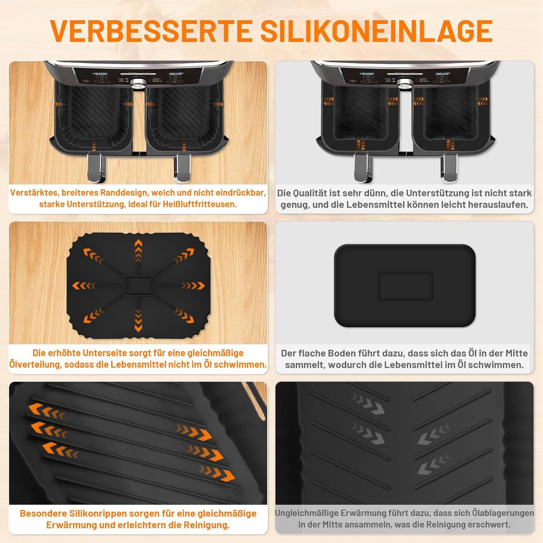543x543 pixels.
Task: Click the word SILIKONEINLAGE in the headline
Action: (x=376, y=31)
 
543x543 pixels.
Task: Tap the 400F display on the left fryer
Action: (x=100, y=74)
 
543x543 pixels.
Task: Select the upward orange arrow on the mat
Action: (x=138, y=249)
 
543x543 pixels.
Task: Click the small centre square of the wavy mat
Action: (x=138, y=285)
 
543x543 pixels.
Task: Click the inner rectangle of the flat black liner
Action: (x=405, y=286)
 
